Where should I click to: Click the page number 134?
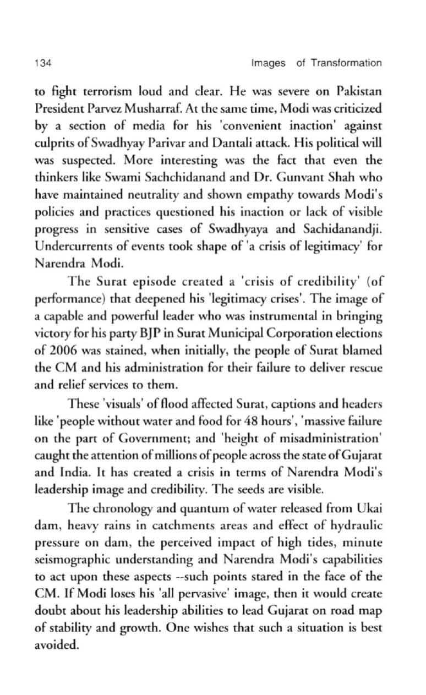pyautogui.click(x=42, y=63)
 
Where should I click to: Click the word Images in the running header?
pyautogui.click(x=268, y=63)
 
